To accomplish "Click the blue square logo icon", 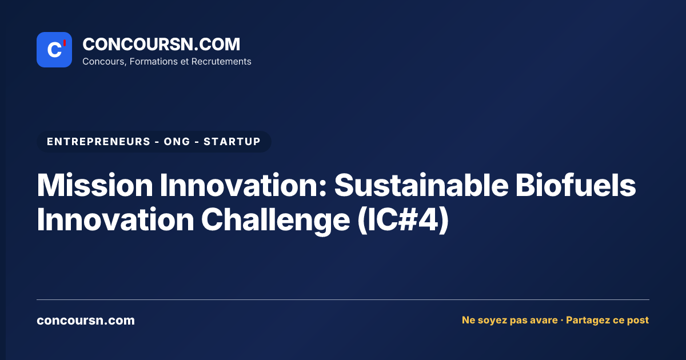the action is (x=54, y=50).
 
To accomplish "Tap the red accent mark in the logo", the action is (x=65, y=43).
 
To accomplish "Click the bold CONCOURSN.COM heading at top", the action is (x=161, y=44).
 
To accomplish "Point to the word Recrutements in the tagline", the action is (x=221, y=62).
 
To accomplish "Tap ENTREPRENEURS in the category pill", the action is (x=98, y=142).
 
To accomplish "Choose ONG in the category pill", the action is (x=177, y=142).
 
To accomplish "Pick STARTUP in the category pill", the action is (x=232, y=142).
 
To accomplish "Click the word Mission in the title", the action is (x=95, y=185).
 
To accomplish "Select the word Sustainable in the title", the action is (x=421, y=185).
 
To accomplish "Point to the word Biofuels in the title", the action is (x=576, y=185).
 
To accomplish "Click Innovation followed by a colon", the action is (x=244, y=185).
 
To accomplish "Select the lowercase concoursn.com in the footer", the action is (x=86, y=321).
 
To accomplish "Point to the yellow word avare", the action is (x=543, y=320).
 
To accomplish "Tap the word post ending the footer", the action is (x=638, y=321).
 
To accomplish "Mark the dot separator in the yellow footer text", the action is (x=562, y=320).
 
